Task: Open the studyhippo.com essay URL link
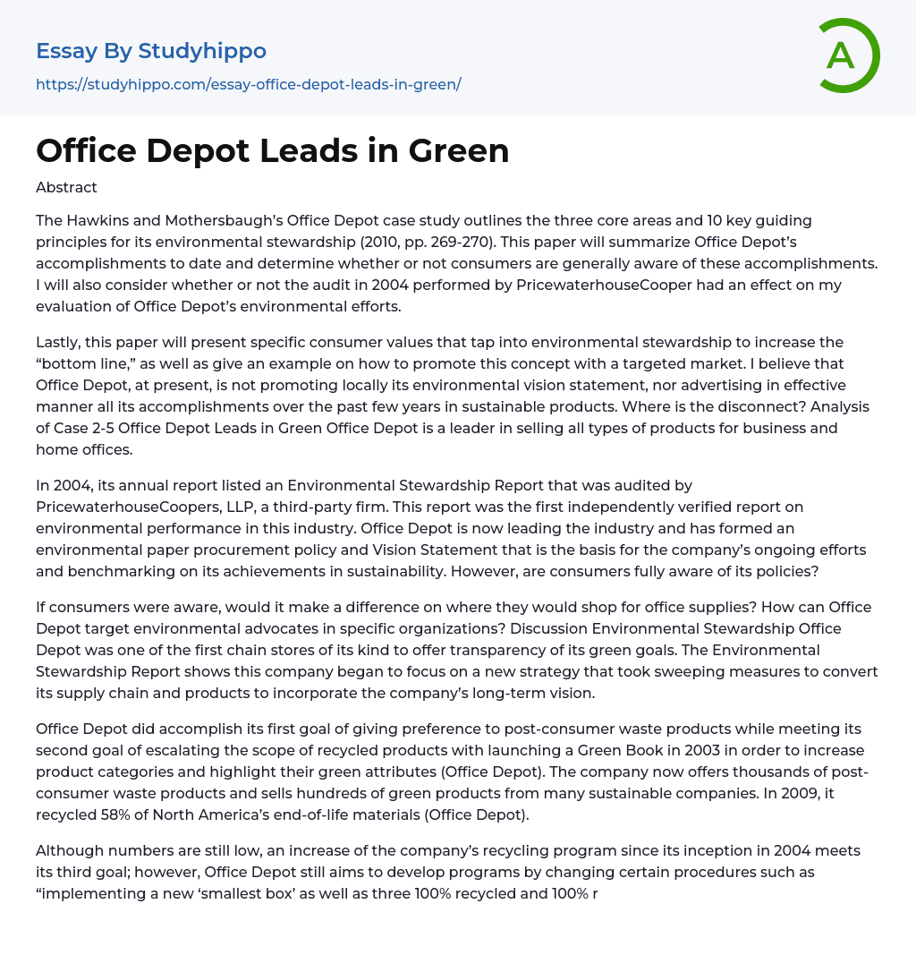click(248, 85)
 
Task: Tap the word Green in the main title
click(459, 150)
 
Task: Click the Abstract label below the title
click(66, 188)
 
